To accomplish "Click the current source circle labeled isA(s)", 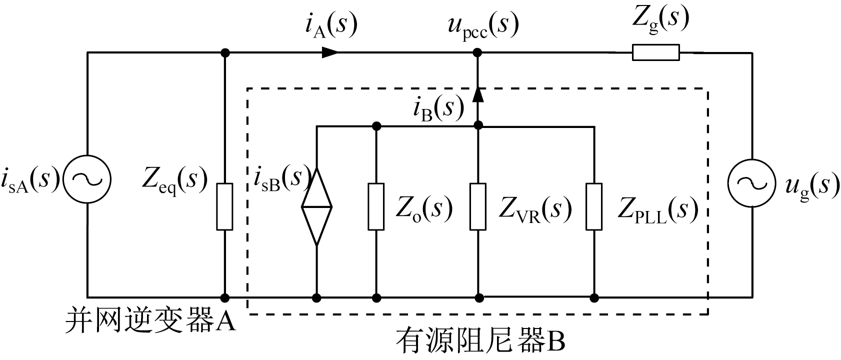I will click(x=88, y=180).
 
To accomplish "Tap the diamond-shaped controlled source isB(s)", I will click(x=316, y=206).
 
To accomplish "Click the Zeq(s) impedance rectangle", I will click(x=224, y=206).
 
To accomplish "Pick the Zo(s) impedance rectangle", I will click(x=376, y=206).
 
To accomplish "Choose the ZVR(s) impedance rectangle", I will click(x=478, y=206).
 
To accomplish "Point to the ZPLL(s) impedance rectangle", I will click(x=594, y=206).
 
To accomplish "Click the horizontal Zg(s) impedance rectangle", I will click(x=655, y=52).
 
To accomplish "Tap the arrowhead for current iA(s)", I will click(x=330, y=52).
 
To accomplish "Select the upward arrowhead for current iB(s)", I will click(x=478, y=94).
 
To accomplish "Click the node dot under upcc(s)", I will click(x=478, y=52).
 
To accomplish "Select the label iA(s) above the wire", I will click(x=331, y=25).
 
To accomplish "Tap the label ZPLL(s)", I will click(x=657, y=210).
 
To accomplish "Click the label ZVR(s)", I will click(x=534, y=210).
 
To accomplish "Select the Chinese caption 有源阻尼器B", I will click(x=480, y=342).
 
